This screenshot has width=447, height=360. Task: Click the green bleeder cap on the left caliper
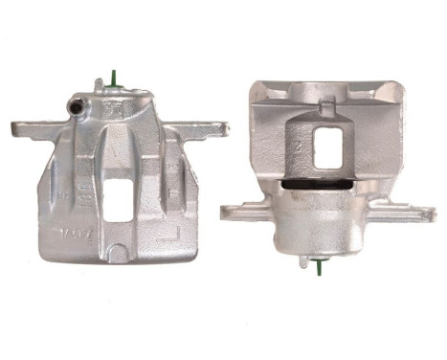coord(114,79)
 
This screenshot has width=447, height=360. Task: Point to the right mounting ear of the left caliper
coord(212,127)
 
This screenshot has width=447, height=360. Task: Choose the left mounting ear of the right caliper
coord(237,206)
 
